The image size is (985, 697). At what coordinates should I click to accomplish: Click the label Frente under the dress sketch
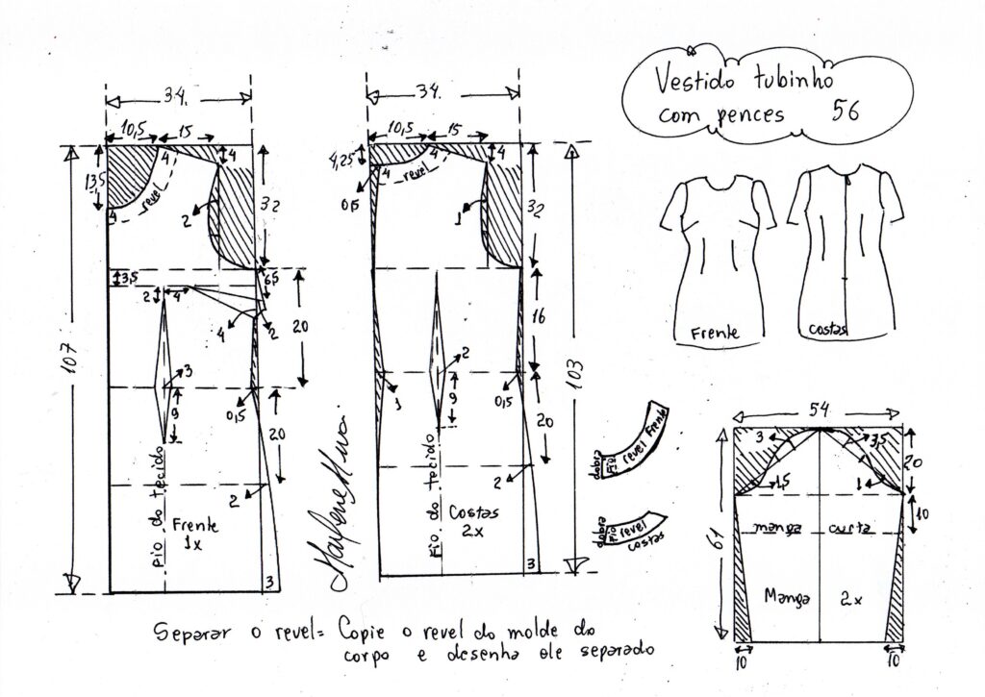pyautogui.click(x=715, y=333)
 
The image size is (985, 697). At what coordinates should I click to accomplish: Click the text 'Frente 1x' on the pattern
pyautogui.click(x=195, y=534)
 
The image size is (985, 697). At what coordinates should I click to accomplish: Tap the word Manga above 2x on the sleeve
pyautogui.click(x=787, y=597)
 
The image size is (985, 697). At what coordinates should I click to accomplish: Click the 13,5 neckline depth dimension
pyautogui.click(x=94, y=182)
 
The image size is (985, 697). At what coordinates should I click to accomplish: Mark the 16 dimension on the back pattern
pyautogui.click(x=541, y=316)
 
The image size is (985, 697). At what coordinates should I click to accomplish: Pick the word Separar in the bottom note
pyautogui.click(x=191, y=632)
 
